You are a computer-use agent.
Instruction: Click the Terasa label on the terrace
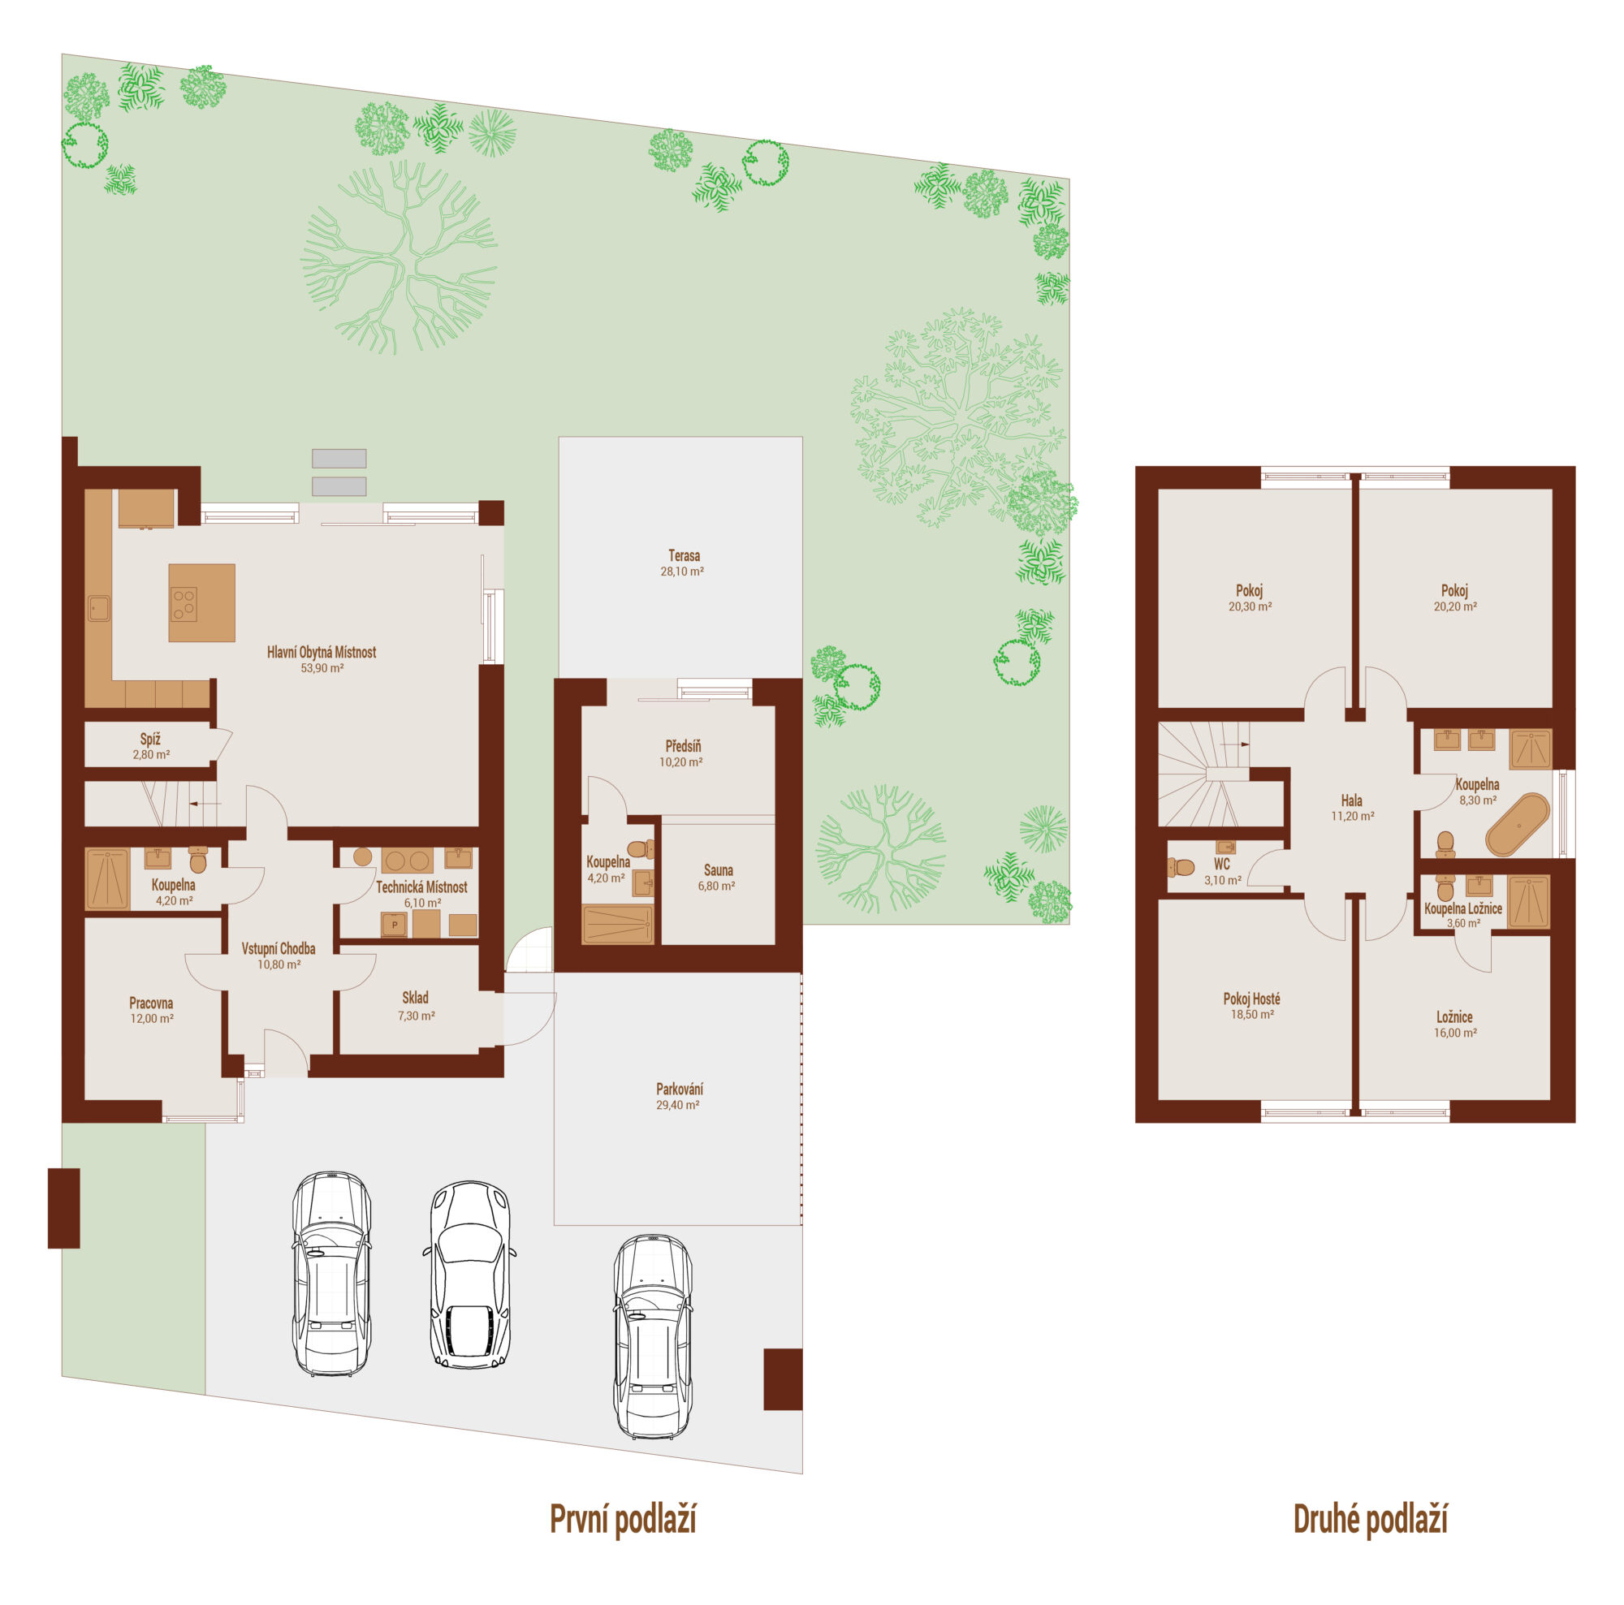click(x=684, y=555)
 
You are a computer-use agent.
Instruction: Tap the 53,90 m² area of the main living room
click(x=322, y=668)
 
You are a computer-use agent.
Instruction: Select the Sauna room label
click(x=718, y=870)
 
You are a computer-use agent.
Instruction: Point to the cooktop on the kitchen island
click(x=184, y=604)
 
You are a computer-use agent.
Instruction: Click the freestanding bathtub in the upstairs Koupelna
click(x=1518, y=824)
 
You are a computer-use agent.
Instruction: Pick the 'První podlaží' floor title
click(x=623, y=1519)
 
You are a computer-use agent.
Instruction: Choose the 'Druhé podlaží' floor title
click(x=1370, y=1519)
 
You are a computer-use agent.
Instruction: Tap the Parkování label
click(x=679, y=1089)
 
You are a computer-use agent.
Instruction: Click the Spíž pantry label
click(x=150, y=739)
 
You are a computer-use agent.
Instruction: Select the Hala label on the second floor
click(x=1352, y=800)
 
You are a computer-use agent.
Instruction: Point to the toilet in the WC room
click(x=1181, y=866)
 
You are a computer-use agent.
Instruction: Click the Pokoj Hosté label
click(x=1251, y=999)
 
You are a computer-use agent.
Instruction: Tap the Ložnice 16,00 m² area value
click(x=1455, y=1033)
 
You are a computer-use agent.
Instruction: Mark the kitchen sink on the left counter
click(x=99, y=607)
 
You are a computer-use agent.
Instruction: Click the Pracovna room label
click(x=151, y=1003)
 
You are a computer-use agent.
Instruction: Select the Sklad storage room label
click(x=415, y=998)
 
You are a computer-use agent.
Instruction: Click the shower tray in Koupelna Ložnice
click(x=1529, y=903)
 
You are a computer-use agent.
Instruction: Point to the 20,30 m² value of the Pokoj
click(x=1250, y=606)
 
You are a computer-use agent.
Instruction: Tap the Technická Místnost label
click(x=421, y=887)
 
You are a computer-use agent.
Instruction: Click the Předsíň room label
click(x=683, y=746)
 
